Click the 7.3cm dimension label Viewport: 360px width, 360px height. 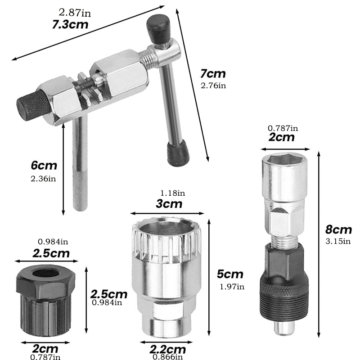pyautogui.click(x=70, y=25)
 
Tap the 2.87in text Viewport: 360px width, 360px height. pyautogui.click(x=75, y=13)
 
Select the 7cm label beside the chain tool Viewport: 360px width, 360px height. pyautogui.click(x=213, y=73)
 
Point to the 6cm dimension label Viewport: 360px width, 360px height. pyautogui.click(x=44, y=165)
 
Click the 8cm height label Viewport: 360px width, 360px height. pyautogui.click(x=338, y=229)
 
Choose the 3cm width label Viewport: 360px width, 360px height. pyautogui.click(x=169, y=204)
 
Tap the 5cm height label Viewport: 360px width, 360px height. pyautogui.click(x=230, y=274)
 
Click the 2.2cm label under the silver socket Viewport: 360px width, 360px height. pyautogui.click(x=167, y=350)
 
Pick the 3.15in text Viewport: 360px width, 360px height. pyautogui.click(x=338, y=241)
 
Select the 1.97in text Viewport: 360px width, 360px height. pyautogui.click(x=232, y=287)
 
